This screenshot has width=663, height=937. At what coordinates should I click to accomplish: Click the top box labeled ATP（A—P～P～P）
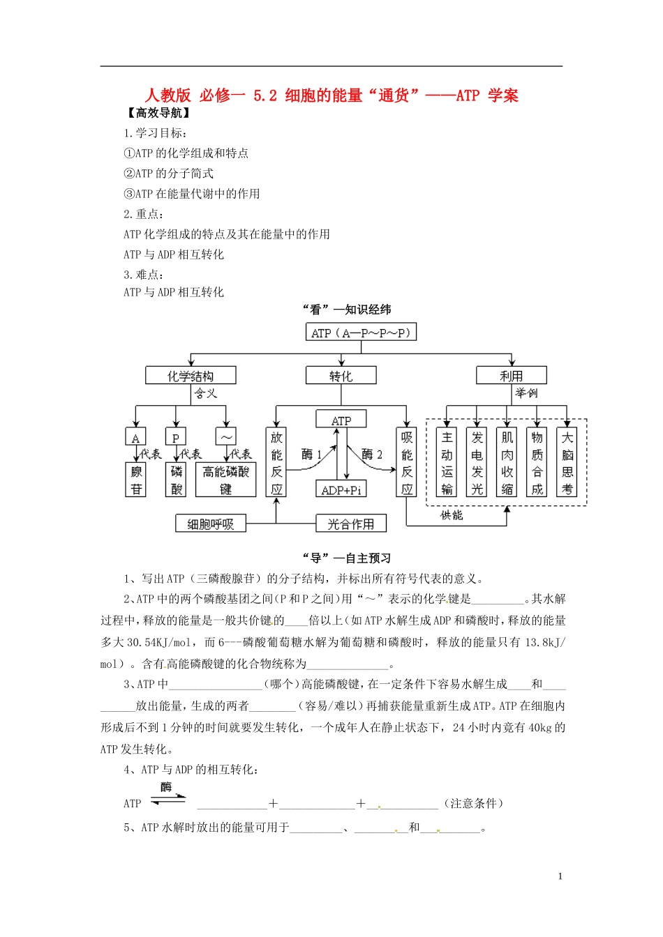pos(361,333)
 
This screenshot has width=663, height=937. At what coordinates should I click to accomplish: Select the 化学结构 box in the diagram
pos(190,376)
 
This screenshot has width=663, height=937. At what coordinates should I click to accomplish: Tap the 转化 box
pos(341,376)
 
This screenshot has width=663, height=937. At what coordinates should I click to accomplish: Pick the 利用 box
pos(511,376)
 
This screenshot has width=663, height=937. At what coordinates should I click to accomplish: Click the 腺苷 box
pos(136,480)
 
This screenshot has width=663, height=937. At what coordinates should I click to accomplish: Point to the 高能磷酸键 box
pos(225,480)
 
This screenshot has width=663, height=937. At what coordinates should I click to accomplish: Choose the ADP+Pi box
pos(341,489)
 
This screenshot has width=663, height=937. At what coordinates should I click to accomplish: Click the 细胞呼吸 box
pos(210,524)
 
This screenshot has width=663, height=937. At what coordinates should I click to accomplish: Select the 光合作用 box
pos(350,524)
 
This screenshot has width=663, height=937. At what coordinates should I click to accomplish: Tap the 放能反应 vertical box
pos(276,462)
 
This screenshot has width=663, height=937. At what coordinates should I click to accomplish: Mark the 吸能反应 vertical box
pos(407,462)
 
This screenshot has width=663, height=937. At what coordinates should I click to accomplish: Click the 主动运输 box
pos(447,462)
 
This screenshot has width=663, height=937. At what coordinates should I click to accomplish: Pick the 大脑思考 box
pos(567,462)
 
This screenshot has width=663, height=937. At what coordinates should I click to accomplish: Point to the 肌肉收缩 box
pos(507,462)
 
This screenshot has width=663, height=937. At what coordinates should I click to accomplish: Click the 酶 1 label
pos(311,455)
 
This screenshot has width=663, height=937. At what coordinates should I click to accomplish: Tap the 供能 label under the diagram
pos(452,515)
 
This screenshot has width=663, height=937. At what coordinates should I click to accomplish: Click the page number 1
pos(560,876)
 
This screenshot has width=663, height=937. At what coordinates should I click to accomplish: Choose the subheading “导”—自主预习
pos(346,558)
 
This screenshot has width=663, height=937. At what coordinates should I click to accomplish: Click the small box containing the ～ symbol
pos(225,437)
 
